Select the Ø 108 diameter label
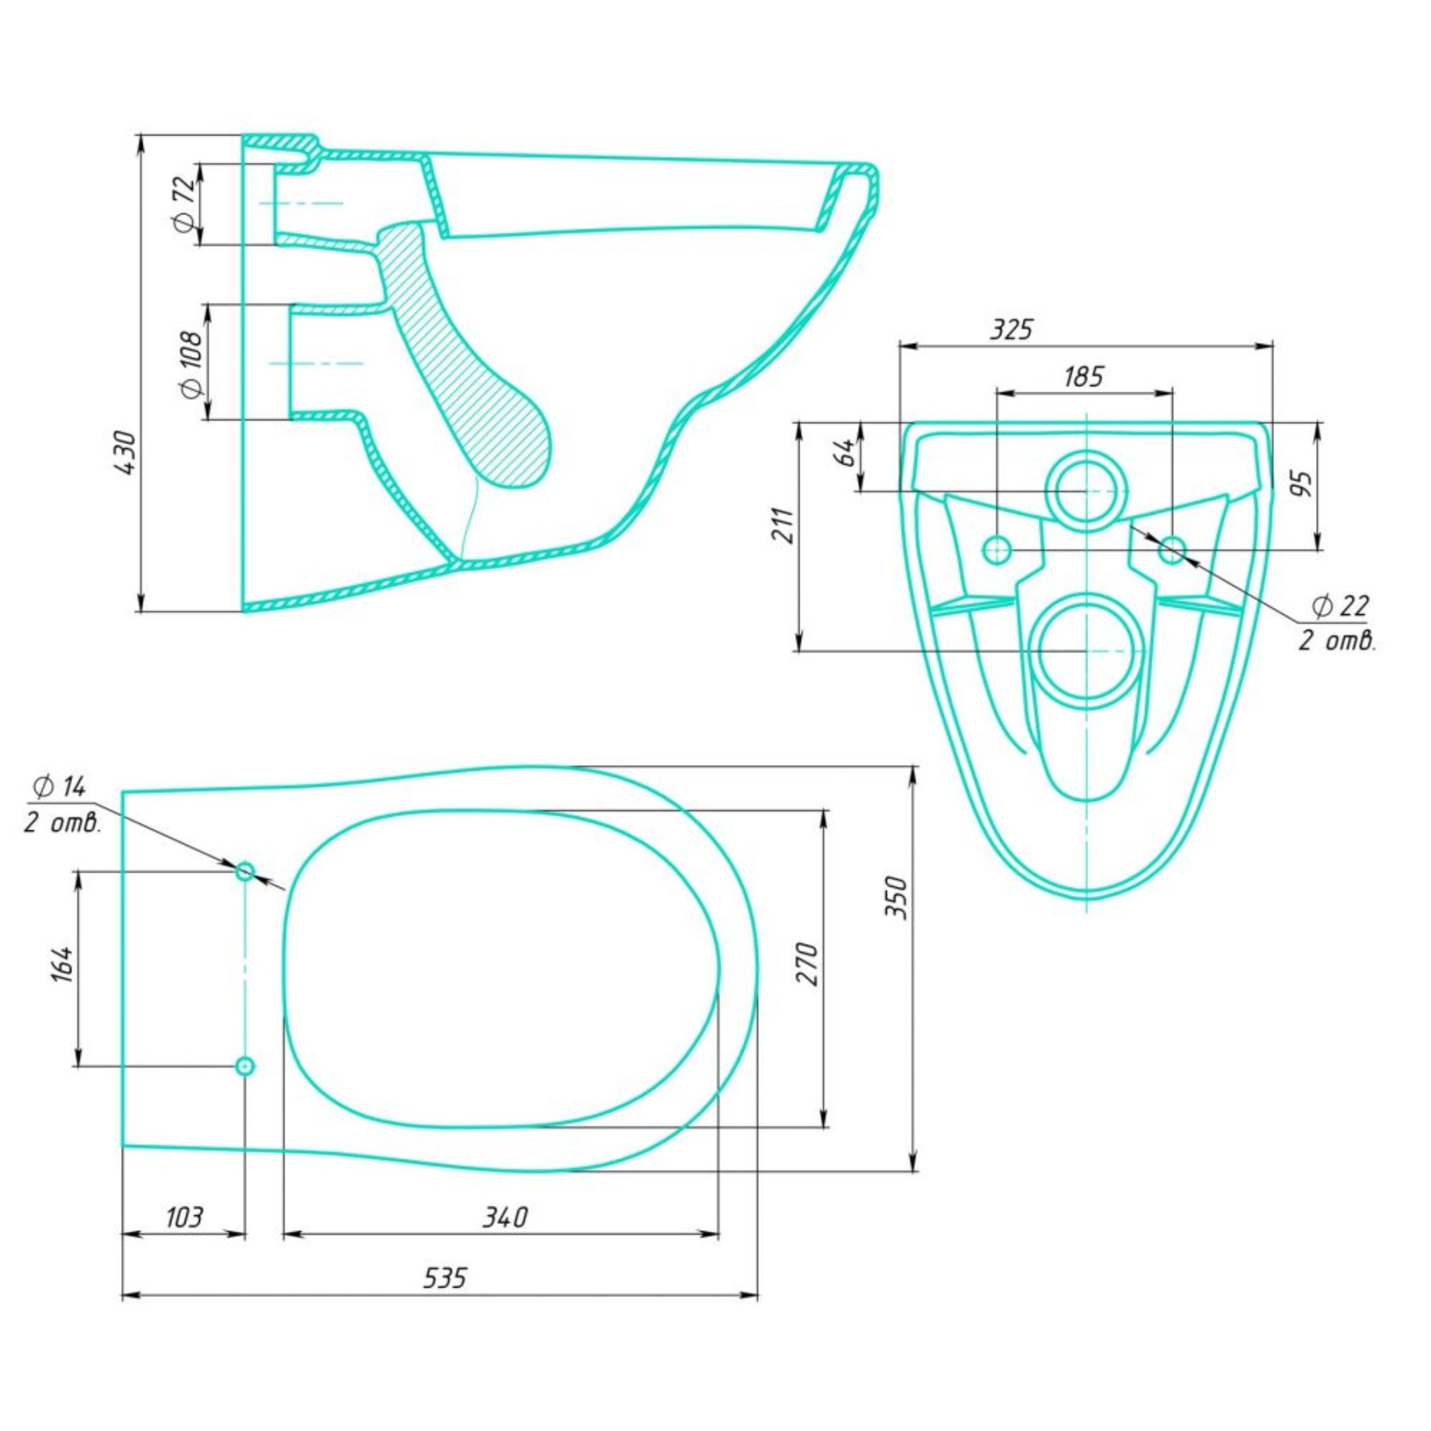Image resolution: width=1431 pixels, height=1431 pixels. click(x=191, y=364)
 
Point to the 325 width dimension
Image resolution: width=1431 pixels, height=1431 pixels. click(x=1012, y=329)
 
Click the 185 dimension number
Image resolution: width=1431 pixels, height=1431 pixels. click(x=1083, y=377)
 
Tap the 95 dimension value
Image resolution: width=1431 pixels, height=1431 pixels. click(x=1304, y=483)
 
